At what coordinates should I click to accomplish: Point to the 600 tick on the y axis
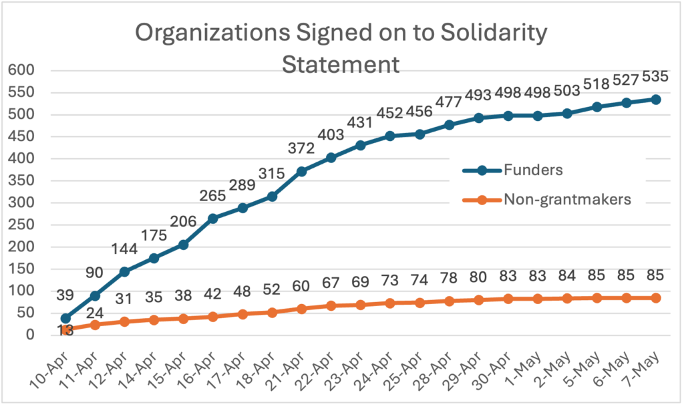click(20, 70)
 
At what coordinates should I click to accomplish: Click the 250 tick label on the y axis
click(20, 225)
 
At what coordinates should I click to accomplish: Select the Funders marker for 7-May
click(656, 100)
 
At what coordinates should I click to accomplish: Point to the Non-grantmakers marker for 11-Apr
click(95, 325)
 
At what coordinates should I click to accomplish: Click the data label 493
click(478, 95)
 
